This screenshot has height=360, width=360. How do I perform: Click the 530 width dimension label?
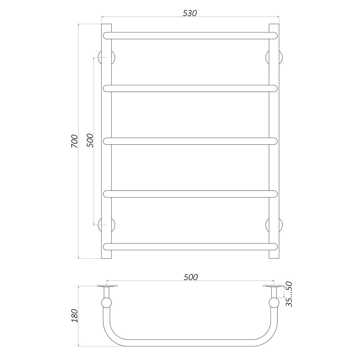click(190, 13)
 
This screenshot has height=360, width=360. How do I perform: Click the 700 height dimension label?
click(74, 141)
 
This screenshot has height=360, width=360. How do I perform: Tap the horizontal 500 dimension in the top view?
click(190, 277)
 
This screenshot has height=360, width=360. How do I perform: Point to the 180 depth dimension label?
click(74, 316)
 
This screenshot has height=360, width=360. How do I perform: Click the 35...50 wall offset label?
click(289, 294)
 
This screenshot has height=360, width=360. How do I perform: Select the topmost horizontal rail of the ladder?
click(190, 35)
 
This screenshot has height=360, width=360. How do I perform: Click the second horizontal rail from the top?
click(190, 88)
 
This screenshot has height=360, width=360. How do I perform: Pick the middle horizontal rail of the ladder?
click(190, 141)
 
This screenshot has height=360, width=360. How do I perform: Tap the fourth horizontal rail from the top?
click(190, 194)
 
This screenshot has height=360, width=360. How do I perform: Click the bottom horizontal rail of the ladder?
click(190, 247)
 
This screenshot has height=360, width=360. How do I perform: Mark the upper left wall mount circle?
click(107, 58)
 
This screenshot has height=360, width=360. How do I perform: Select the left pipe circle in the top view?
click(107, 303)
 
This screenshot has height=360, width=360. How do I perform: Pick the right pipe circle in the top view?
click(274, 303)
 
